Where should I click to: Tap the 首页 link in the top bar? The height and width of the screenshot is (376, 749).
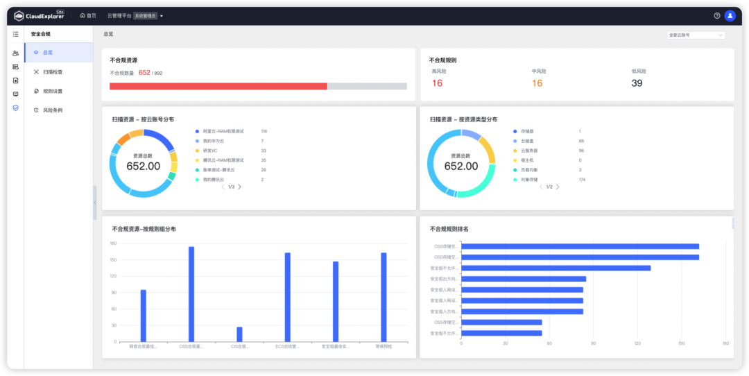tap(88, 15)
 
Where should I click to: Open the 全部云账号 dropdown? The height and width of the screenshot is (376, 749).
tap(696, 35)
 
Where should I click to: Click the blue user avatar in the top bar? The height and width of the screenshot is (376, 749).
tap(730, 15)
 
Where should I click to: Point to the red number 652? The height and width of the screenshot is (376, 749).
tap(144, 72)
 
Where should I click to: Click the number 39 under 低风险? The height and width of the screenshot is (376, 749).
tap(637, 83)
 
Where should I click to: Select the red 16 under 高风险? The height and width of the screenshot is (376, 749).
tap(437, 83)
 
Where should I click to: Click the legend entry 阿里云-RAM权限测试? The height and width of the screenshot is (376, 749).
tap(223, 131)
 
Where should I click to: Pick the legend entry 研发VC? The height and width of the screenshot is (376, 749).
tap(210, 151)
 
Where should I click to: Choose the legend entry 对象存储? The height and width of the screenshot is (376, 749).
tap(533, 180)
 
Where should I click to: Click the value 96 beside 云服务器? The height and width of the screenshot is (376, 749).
tap(581, 151)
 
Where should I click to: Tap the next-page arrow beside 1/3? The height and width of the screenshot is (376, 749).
tap(240, 187)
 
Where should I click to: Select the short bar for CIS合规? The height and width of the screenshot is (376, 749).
tap(239, 334)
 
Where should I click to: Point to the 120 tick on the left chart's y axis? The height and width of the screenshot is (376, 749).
tap(114, 276)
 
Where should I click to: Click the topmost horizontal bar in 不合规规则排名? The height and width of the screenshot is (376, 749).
tap(580, 246)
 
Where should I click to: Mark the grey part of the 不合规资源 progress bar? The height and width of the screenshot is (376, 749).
tap(366, 86)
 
